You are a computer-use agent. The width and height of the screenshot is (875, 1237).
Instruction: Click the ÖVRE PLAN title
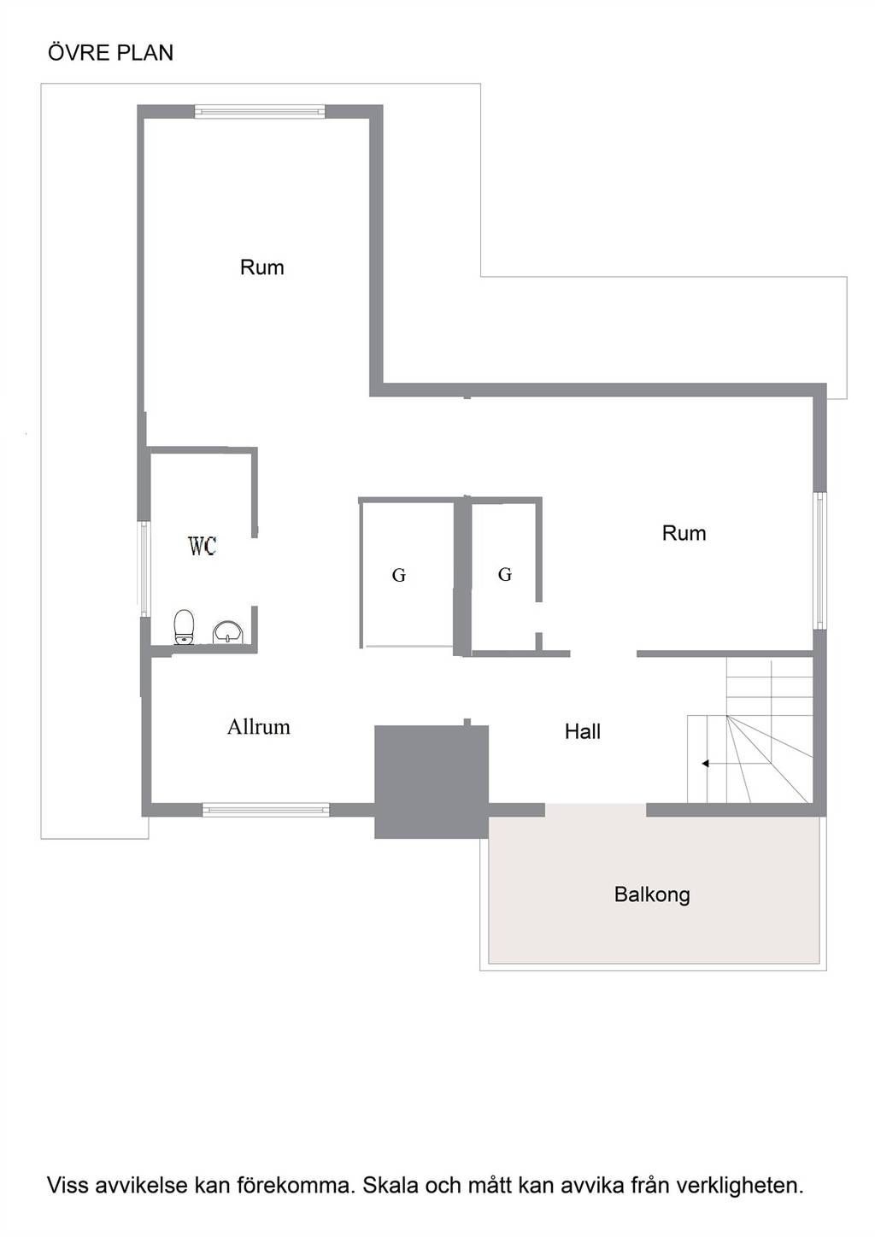[x=110, y=52]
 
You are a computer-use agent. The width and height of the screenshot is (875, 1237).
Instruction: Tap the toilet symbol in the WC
[x=184, y=627]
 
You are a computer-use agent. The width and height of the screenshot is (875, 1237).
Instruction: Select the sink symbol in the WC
[x=228, y=632]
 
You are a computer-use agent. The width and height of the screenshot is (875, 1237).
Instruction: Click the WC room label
[x=203, y=546]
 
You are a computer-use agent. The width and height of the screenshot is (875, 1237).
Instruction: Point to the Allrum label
[x=259, y=727]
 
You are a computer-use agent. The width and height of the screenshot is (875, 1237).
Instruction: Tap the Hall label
[x=582, y=732]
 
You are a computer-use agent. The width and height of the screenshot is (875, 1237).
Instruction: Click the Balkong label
[x=652, y=894]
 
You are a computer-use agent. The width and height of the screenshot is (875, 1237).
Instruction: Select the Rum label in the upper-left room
[x=261, y=267]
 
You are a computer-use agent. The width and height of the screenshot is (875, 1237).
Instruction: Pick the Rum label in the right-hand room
[x=684, y=533]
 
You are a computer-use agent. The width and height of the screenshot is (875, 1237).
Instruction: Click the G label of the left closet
[x=399, y=576]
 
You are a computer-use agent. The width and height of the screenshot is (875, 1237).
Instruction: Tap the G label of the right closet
[x=505, y=574]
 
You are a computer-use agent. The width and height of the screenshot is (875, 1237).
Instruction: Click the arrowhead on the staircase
[x=706, y=764]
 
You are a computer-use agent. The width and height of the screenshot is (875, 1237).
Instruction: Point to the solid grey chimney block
[x=432, y=782]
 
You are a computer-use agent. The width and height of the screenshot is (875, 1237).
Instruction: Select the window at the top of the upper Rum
[x=260, y=112]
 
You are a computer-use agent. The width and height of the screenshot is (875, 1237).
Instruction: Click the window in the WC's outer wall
[x=144, y=568]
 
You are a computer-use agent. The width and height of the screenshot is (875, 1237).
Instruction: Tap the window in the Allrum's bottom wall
[x=266, y=810]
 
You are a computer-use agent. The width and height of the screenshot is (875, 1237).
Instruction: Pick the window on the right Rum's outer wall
[x=820, y=560]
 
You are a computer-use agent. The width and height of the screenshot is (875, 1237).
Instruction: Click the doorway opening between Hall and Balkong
[x=596, y=810]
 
